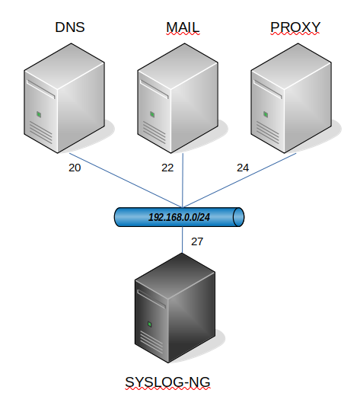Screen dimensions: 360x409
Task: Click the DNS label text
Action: (70, 27)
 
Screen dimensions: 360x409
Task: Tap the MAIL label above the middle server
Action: (183, 27)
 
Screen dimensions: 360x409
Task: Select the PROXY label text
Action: (295, 27)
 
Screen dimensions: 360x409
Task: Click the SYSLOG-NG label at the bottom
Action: (167, 382)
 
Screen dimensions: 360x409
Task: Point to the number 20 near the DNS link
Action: (75, 168)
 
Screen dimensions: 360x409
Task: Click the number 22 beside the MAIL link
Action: (167, 168)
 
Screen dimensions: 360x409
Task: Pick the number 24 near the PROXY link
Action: (243, 168)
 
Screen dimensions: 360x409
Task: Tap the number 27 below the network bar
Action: (197, 241)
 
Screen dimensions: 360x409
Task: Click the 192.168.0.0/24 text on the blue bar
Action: (179, 217)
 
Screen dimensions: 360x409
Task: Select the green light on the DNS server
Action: (39, 114)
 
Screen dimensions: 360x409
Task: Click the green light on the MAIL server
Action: (152, 114)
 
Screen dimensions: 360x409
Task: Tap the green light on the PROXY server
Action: (266, 114)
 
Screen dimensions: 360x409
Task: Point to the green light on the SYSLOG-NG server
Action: (150, 324)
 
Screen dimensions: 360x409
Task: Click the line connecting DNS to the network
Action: (126, 181)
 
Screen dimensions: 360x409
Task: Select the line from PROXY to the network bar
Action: (239, 181)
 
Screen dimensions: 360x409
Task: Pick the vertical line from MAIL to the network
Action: (183, 181)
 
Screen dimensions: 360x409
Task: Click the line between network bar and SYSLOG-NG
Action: (182, 240)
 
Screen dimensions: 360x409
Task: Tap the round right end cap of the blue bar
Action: (238, 217)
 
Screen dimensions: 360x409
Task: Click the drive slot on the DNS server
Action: (40, 89)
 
